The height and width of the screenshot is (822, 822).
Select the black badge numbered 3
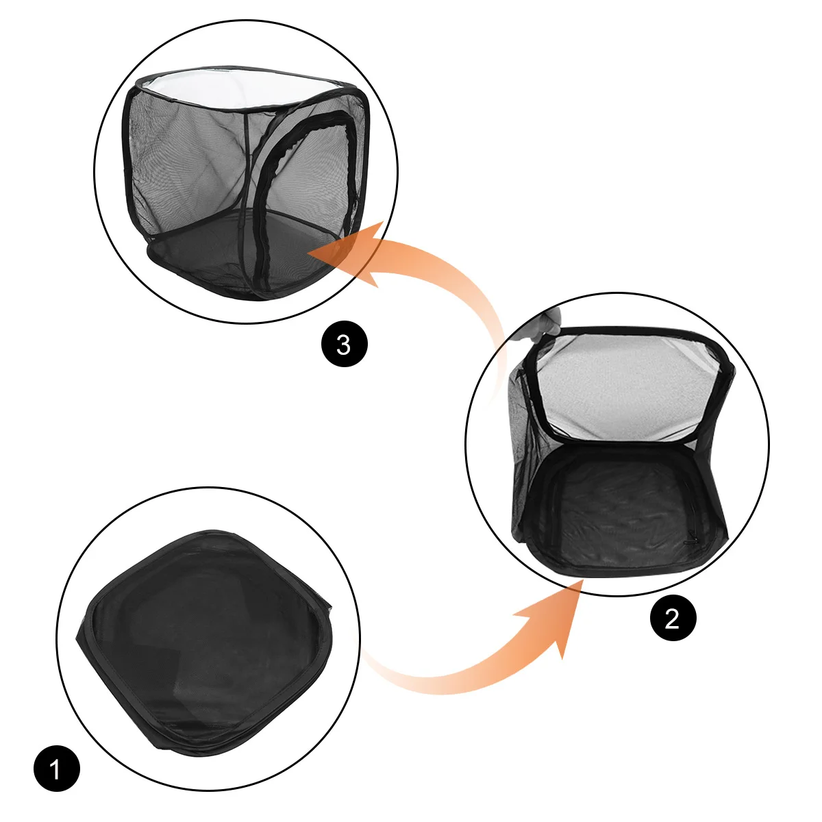click(345, 344)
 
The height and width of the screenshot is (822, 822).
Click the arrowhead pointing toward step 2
click(555, 614)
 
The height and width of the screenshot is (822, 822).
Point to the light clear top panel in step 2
click(625, 388)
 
